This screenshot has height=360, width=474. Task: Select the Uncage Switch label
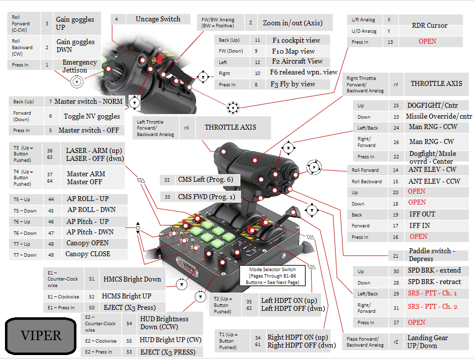pos(158,19)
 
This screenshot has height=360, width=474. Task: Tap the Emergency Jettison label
pos(79,66)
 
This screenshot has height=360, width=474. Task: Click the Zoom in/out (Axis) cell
pos(292,23)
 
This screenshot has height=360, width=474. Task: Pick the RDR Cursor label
pos(429,25)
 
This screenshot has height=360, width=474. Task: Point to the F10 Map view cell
pos(293,51)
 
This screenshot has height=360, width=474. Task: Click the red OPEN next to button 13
pos(427,41)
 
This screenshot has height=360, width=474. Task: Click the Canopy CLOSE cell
pos(88,254)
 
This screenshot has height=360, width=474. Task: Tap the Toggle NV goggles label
pos(92,116)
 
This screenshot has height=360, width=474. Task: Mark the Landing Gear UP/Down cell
pos(427,341)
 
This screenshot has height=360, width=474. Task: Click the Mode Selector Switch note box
pos(272,276)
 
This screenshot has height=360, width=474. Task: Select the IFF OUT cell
pos(421,214)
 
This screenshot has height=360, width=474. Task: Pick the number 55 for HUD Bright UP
pos(129,341)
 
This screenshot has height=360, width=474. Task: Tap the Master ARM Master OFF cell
pos(86,178)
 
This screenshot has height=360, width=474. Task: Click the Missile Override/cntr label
pos(439,117)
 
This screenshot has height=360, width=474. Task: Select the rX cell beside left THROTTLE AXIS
pos(186,128)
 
